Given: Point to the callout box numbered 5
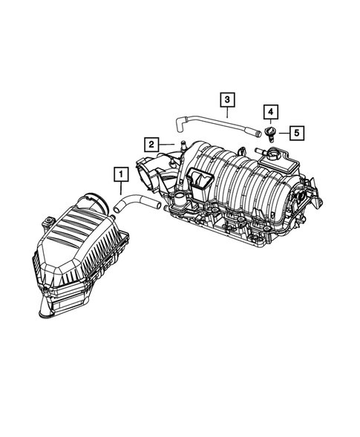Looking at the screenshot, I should (x=295, y=134).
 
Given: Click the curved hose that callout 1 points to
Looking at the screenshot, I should (x=137, y=199).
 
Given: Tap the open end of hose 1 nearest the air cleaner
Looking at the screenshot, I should (x=117, y=213).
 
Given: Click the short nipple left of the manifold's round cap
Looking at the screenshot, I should (x=261, y=151).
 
